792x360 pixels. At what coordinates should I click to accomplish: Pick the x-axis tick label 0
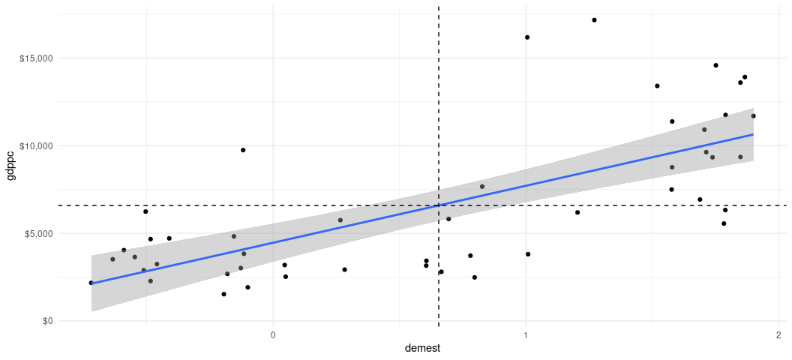pyautogui.click(x=273, y=334)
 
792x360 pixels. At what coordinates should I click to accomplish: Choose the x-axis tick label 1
pyautogui.click(x=526, y=334)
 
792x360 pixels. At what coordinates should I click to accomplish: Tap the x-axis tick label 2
pyautogui.click(x=778, y=334)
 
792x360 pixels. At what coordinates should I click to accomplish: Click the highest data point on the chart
pyautogui.click(x=594, y=20)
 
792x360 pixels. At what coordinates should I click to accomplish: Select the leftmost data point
pyautogui.click(x=91, y=283)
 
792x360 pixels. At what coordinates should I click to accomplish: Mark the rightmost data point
pyautogui.click(x=753, y=116)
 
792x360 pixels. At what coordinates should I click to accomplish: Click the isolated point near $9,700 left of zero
pyautogui.click(x=243, y=150)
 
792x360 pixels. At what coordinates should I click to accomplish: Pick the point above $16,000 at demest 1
pyautogui.click(x=527, y=37)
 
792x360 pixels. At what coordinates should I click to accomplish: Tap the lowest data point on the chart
pyautogui.click(x=223, y=294)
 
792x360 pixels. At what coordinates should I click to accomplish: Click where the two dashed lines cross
pyautogui.click(x=438, y=205)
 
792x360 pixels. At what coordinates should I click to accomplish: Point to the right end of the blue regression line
pyautogui.click(x=753, y=135)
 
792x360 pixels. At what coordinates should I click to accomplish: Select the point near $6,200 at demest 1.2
pyautogui.click(x=577, y=212)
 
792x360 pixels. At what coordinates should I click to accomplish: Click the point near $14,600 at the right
pyautogui.click(x=715, y=65)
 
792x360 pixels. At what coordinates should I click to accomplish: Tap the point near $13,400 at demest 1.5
pyautogui.click(x=657, y=86)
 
